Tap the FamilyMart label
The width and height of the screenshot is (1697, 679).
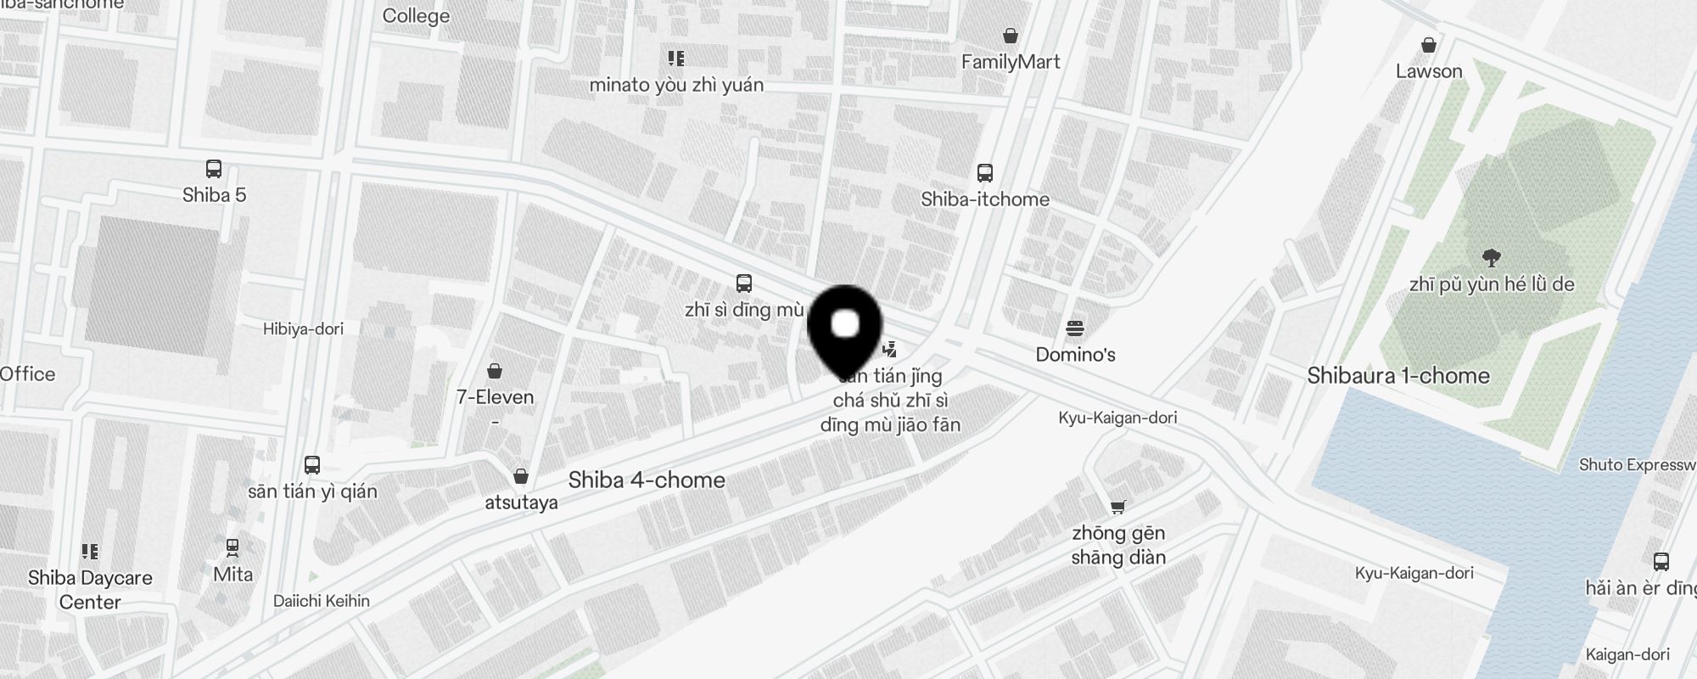click(x=1011, y=62)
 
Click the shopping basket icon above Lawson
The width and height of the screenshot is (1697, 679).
click(x=1429, y=45)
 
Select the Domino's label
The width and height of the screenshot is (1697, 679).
click(x=1075, y=355)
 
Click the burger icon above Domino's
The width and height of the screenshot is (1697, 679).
click(x=1075, y=328)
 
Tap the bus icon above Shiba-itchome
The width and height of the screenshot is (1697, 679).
click(x=984, y=173)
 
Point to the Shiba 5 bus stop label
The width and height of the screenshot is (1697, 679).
click(x=214, y=195)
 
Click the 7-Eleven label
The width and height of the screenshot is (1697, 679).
click(x=495, y=397)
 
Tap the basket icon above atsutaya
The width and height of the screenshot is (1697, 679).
click(x=521, y=476)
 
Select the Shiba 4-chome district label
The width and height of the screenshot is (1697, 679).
click(x=647, y=480)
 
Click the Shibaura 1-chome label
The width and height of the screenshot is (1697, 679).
click(x=1398, y=376)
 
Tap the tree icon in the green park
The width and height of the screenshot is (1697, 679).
click(x=1491, y=258)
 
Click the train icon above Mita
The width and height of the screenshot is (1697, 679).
click(x=232, y=548)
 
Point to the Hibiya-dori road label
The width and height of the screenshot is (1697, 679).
click(x=303, y=329)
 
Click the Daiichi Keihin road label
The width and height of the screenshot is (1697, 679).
click(x=322, y=601)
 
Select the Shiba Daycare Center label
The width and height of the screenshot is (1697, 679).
click(x=90, y=590)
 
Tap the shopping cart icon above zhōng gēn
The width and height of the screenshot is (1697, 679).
click(x=1117, y=507)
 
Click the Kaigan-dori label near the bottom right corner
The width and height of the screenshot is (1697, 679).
click(x=1627, y=654)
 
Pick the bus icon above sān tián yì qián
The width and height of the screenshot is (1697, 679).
click(x=312, y=465)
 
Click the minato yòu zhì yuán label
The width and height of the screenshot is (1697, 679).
click(x=676, y=85)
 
